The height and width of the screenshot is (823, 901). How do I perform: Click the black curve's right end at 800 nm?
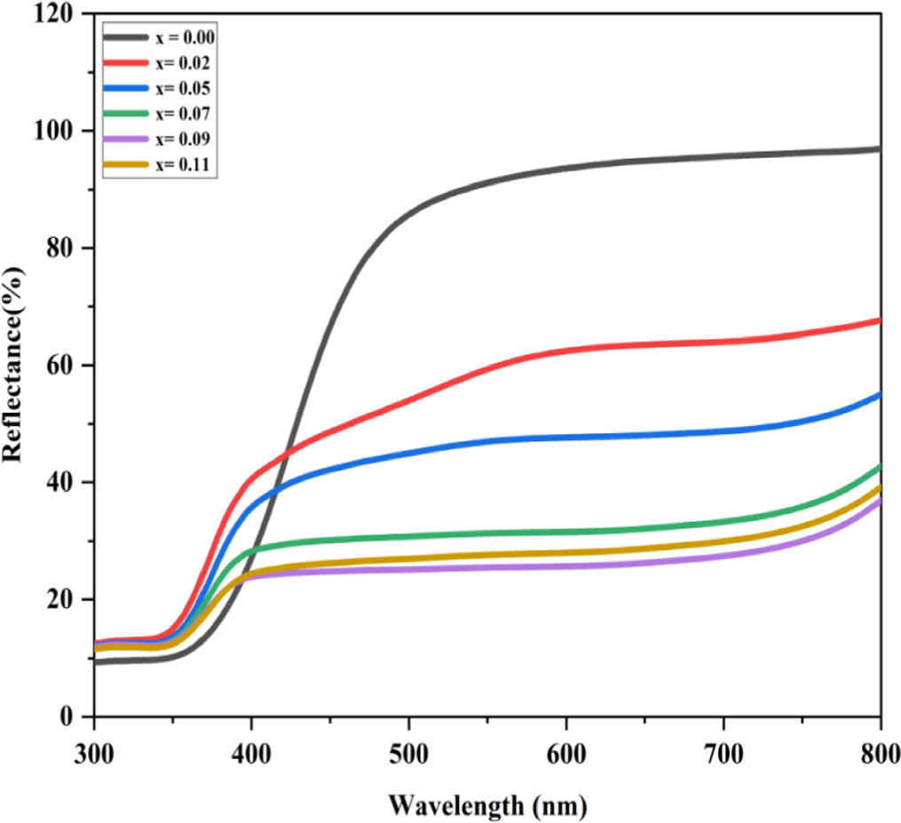tap(879, 149)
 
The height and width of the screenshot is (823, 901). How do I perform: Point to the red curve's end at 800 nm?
tap(879, 320)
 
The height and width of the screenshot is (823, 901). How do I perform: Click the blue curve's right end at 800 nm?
tap(879, 394)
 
